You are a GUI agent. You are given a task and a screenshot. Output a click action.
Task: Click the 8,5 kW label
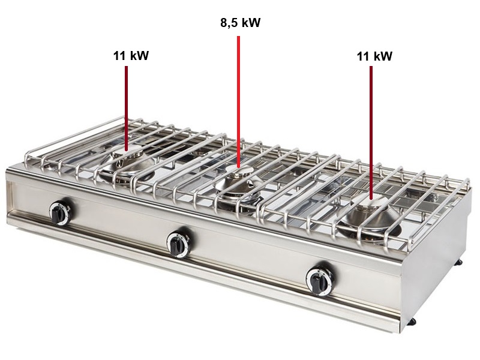241,23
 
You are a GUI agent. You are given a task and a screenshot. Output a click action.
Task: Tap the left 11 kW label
131,56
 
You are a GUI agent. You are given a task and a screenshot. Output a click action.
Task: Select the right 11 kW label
374,56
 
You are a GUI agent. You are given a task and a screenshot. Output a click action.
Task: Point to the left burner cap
126,152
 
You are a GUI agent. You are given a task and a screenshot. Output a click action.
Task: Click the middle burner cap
239,171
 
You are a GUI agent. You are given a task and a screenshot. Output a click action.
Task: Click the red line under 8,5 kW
238,101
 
